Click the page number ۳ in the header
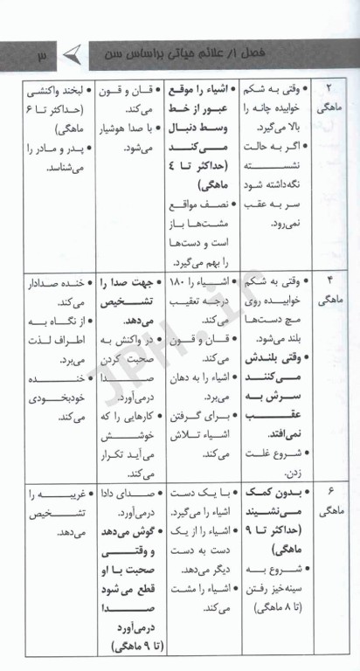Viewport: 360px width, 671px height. click(x=41, y=57)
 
